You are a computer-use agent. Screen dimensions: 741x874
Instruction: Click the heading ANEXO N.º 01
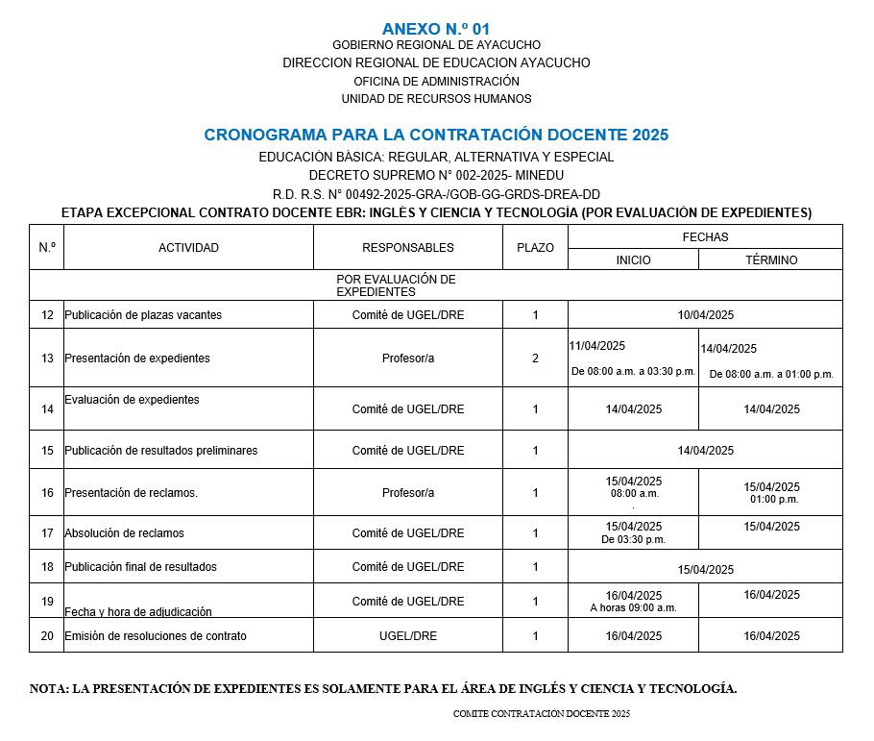coord(435,29)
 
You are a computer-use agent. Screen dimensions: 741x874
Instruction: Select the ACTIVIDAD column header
coord(188,248)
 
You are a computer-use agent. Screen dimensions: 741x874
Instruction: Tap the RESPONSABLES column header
coord(408,248)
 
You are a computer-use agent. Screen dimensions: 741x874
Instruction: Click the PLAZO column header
coord(535,248)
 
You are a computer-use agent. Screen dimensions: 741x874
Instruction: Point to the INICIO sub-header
coord(633,260)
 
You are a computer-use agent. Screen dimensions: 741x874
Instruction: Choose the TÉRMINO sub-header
coord(771,260)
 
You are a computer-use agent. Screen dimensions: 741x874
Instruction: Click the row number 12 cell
coord(47,315)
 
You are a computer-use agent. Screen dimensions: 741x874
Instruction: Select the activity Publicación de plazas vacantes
coord(143,315)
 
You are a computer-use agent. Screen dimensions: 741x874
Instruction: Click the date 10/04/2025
coord(705,315)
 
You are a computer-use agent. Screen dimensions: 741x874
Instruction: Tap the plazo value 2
coord(535,358)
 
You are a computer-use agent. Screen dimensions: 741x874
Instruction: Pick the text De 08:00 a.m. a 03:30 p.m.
coord(633,372)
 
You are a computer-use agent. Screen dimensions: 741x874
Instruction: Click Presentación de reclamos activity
coord(131,493)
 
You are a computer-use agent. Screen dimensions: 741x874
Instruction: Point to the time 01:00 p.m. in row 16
coord(774,500)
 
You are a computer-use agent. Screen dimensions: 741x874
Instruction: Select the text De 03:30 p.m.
coord(633,540)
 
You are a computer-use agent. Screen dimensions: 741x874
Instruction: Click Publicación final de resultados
coord(140,567)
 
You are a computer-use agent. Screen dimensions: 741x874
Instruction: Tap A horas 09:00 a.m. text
coord(633,608)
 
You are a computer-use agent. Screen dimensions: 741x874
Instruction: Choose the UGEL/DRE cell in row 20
coord(408,636)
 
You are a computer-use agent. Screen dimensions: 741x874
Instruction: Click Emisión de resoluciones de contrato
coord(156,636)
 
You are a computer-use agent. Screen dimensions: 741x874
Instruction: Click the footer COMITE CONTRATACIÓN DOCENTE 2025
coord(542,714)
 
